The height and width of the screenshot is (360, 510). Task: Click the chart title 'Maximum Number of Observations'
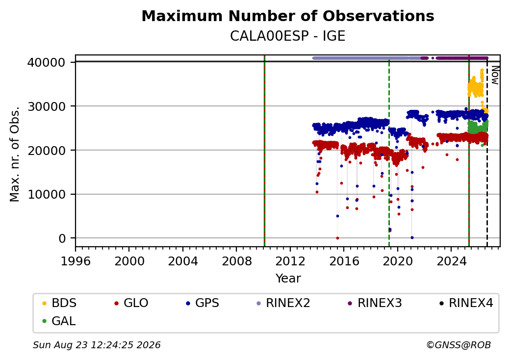pyautogui.click(x=288, y=16)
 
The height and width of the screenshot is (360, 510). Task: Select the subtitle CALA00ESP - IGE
pyautogui.click(x=287, y=36)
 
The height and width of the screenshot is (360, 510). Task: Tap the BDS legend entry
pyautogui.click(x=59, y=303)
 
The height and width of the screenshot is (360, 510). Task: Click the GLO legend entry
pyautogui.click(x=131, y=303)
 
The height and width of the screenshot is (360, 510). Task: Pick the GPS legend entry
pyautogui.click(x=203, y=303)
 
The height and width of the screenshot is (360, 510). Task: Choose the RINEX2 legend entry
pyautogui.click(x=283, y=303)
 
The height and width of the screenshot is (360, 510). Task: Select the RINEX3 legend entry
pyautogui.click(x=375, y=303)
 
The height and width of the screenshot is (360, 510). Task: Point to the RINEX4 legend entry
pyautogui.click(x=466, y=303)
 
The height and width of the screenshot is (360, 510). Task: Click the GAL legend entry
pyautogui.click(x=59, y=321)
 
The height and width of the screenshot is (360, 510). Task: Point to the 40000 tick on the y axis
pyautogui.click(x=47, y=62)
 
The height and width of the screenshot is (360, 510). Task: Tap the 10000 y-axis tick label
pyautogui.click(x=47, y=195)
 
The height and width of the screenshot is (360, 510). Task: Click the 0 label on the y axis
pyautogui.click(x=62, y=239)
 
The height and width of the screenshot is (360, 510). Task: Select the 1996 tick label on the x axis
pyautogui.click(x=76, y=261)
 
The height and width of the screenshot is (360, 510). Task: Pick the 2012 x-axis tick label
pyautogui.click(x=290, y=261)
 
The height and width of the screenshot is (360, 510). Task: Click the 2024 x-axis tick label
pyautogui.click(x=451, y=261)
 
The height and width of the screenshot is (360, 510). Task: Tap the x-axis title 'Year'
pyautogui.click(x=288, y=279)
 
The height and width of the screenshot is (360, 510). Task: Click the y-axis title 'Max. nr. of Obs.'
pyautogui.click(x=15, y=154)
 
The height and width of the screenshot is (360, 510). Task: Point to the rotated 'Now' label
pyautogui.click(x=495, y=75)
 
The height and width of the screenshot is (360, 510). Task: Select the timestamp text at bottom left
pyautogui.click(x=97, y=345)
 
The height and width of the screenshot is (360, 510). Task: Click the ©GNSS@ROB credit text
pyautogui.click(x=459, y=345)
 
